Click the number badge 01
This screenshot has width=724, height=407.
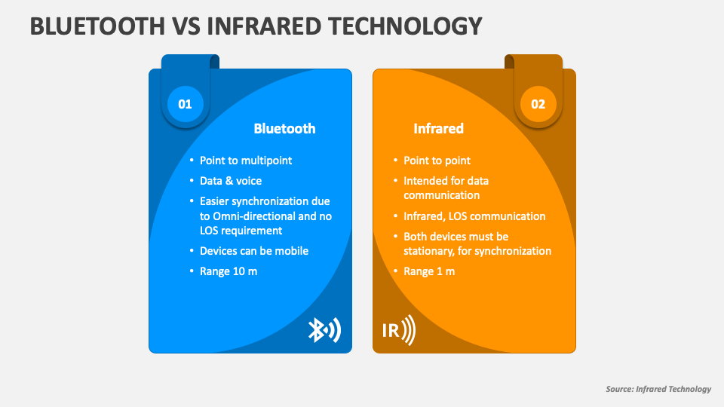[x=185, y=104]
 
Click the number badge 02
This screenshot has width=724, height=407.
[x=538, y=104]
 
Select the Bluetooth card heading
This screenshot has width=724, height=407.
[x=284, y=129]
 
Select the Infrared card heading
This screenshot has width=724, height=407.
[x=438, y=129]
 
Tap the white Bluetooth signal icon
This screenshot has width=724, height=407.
[x=324, y=330]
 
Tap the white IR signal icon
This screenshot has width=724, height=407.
[x=397, y=330]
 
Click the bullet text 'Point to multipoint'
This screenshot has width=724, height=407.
[x=245, y=161]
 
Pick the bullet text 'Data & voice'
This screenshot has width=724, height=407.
[x=230, y=181]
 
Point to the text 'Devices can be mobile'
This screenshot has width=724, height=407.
[x=253, y=251]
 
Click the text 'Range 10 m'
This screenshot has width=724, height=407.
[x=228, y=271]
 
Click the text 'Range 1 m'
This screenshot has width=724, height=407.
[x=429, y=271]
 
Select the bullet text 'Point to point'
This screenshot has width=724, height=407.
[x=437, y=161]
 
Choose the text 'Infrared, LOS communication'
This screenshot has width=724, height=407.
[x=474, y=216]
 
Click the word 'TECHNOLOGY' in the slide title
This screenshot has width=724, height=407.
[x=406, y=26]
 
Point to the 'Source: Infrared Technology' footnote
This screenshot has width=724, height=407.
[x=658, y=389]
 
